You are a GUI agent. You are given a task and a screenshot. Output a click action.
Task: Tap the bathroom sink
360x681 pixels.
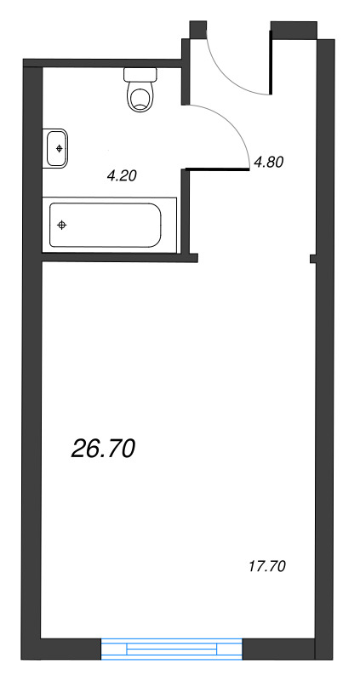click(x=57, y=148)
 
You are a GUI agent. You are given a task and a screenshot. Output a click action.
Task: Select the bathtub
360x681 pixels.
click(x=105, y=225)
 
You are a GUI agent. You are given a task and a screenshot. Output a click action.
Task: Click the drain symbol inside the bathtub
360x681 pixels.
click(x=62, y=225)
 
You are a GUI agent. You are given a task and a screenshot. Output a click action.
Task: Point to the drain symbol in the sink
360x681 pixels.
click(x=59, y=148)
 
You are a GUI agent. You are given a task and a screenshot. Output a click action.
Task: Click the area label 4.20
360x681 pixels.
click(x=121, y=176)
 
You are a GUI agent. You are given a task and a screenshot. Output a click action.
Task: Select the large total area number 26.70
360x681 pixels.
click(x=104, y=449)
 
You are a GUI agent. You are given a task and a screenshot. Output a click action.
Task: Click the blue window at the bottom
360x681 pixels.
click(x=172, y=649)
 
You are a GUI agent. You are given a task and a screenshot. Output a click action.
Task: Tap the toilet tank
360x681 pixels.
click(x=141, y=74)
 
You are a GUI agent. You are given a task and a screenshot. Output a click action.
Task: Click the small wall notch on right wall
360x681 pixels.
click(x=312, y=258)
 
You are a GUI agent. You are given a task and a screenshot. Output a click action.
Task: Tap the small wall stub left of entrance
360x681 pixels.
click(x=197, y=29)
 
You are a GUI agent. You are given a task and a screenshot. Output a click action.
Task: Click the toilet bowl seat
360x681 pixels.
click(x=141, y=97)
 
